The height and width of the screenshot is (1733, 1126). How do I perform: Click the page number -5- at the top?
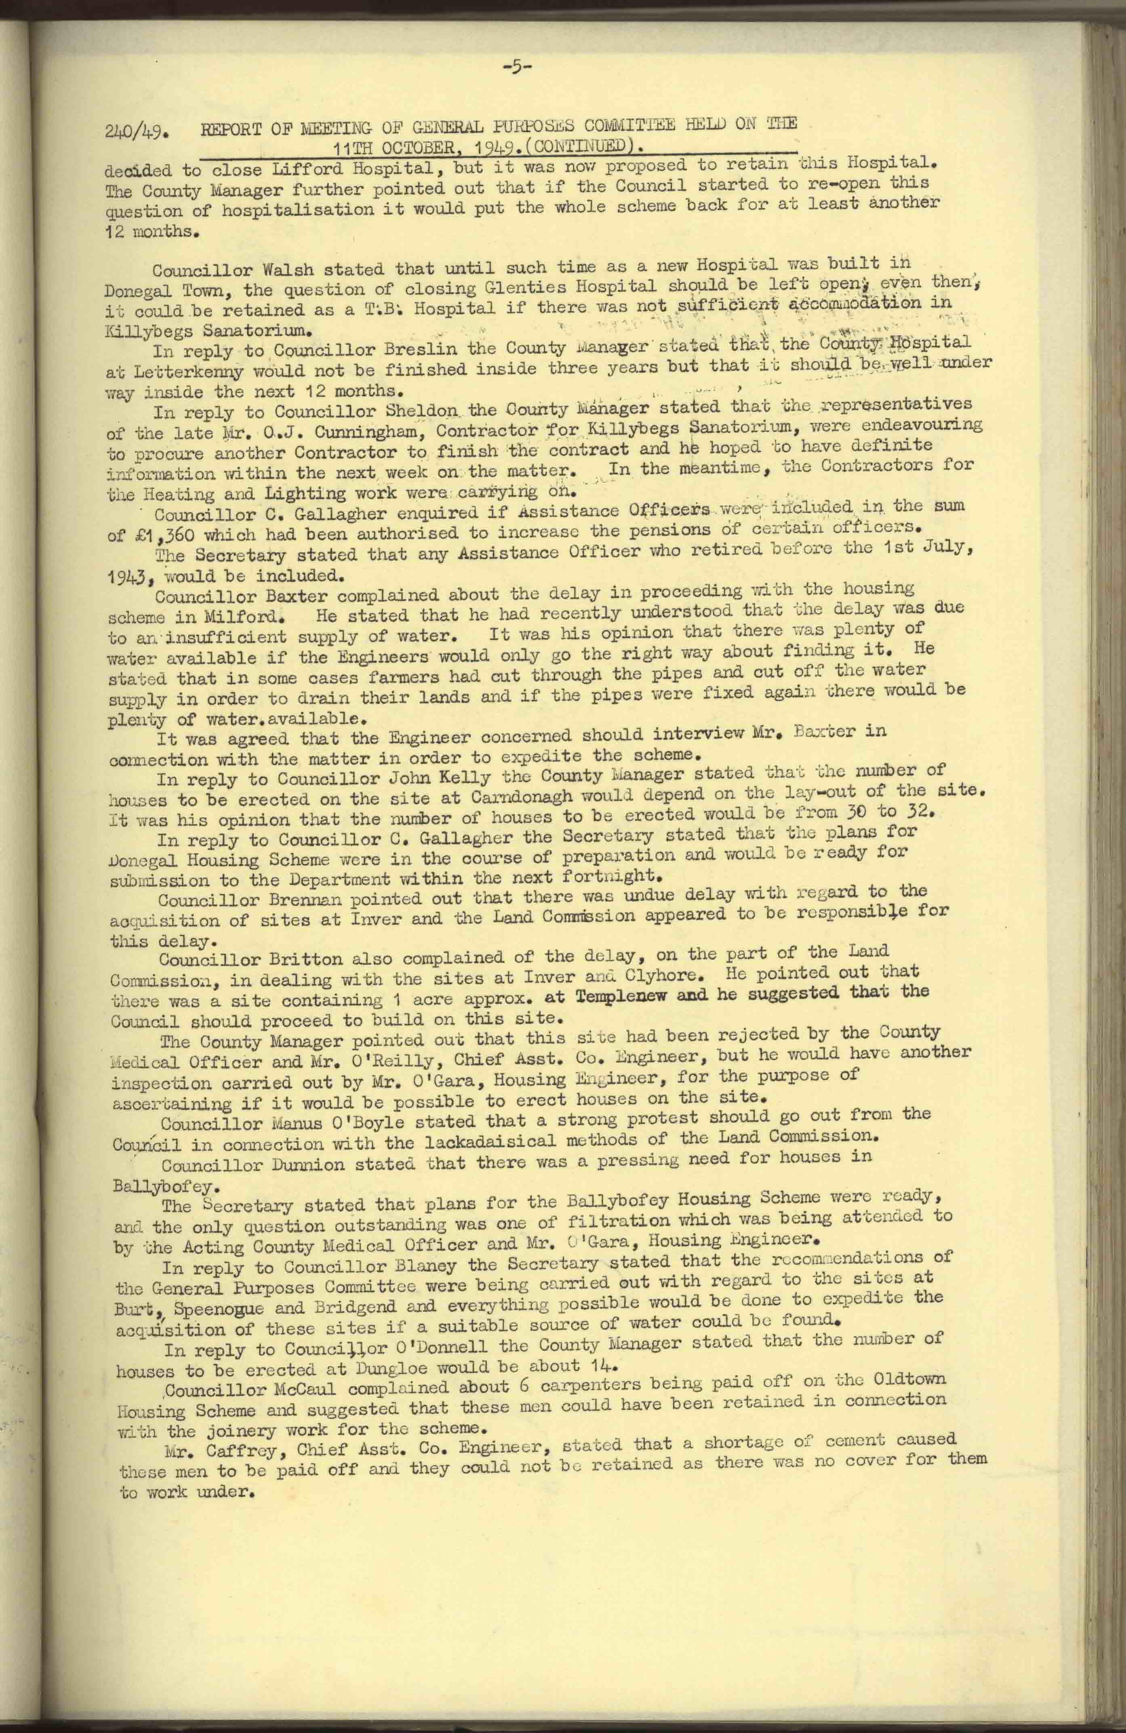tap(518, 68)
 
